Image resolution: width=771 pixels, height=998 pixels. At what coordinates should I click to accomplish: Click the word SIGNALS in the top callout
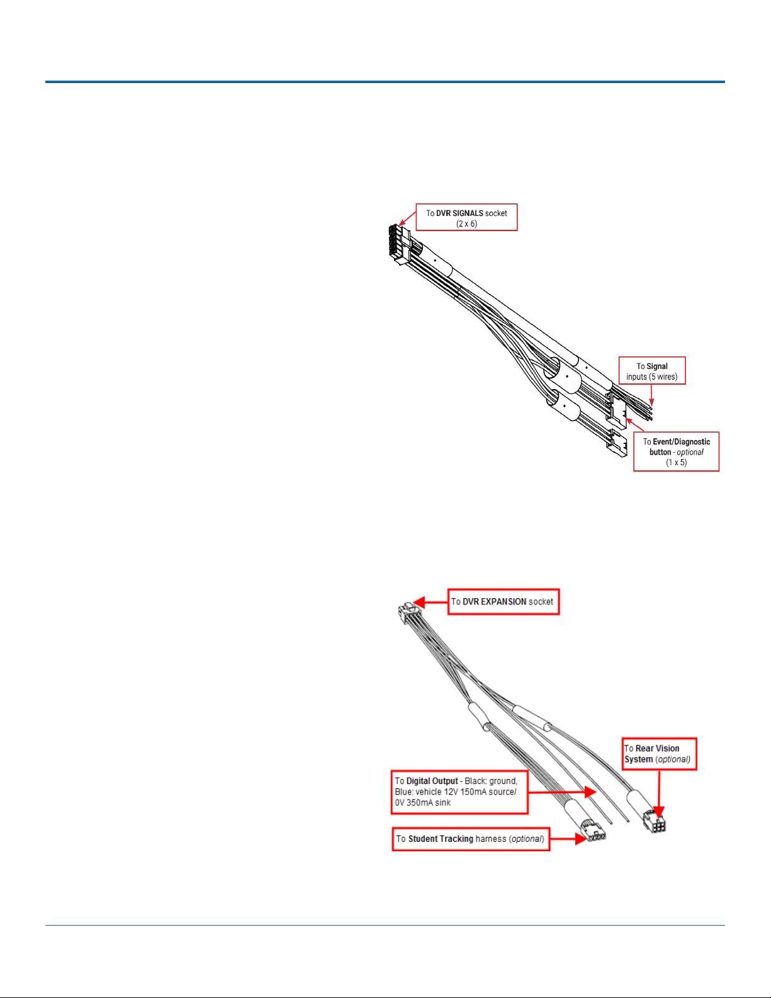pos(468,213)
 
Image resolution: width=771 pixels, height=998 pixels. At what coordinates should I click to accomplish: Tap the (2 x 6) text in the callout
pos(466,224)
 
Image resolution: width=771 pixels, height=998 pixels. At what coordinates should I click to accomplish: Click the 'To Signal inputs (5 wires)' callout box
pos(652,371)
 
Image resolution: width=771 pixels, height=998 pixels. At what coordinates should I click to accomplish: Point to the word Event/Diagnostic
pos(681,442)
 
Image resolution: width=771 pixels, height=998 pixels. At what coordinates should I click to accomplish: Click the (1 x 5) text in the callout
pos(676,463)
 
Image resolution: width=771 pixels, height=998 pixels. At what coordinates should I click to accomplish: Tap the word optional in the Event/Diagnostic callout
pos(690,452)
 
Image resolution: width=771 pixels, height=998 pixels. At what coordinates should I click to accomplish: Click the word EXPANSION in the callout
pos(504,602)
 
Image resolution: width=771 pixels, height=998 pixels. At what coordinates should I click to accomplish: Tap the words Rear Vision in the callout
pos(657,749)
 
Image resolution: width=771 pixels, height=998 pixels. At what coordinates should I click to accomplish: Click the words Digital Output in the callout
pos(432,781)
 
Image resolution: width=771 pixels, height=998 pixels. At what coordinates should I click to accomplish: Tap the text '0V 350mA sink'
pos(423,803)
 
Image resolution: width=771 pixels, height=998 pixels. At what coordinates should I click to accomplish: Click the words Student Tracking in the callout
pos(441,839)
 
